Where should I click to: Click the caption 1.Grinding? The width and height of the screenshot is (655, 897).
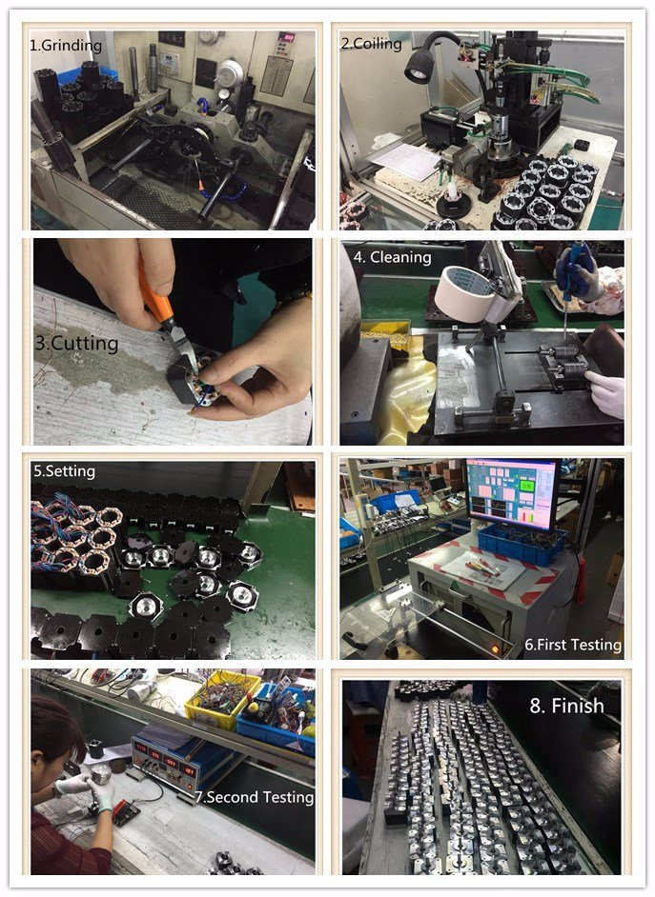66,46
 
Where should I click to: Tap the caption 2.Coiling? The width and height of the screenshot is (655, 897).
372,44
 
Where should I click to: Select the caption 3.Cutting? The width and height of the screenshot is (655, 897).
76,343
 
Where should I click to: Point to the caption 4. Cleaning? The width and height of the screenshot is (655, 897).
392,257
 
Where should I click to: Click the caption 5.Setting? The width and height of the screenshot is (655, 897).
64,471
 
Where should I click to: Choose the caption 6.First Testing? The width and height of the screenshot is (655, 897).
573,645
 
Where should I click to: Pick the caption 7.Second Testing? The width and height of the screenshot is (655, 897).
255,797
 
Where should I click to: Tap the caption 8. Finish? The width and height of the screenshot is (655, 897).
567,706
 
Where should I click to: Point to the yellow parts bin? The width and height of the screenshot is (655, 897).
222,700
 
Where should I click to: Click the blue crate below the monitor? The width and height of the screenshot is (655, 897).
522,545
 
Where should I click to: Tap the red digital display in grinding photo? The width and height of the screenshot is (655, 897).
285,37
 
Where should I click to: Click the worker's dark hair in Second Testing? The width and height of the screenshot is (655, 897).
53,728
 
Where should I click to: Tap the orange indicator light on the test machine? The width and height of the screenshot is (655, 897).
495,648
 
